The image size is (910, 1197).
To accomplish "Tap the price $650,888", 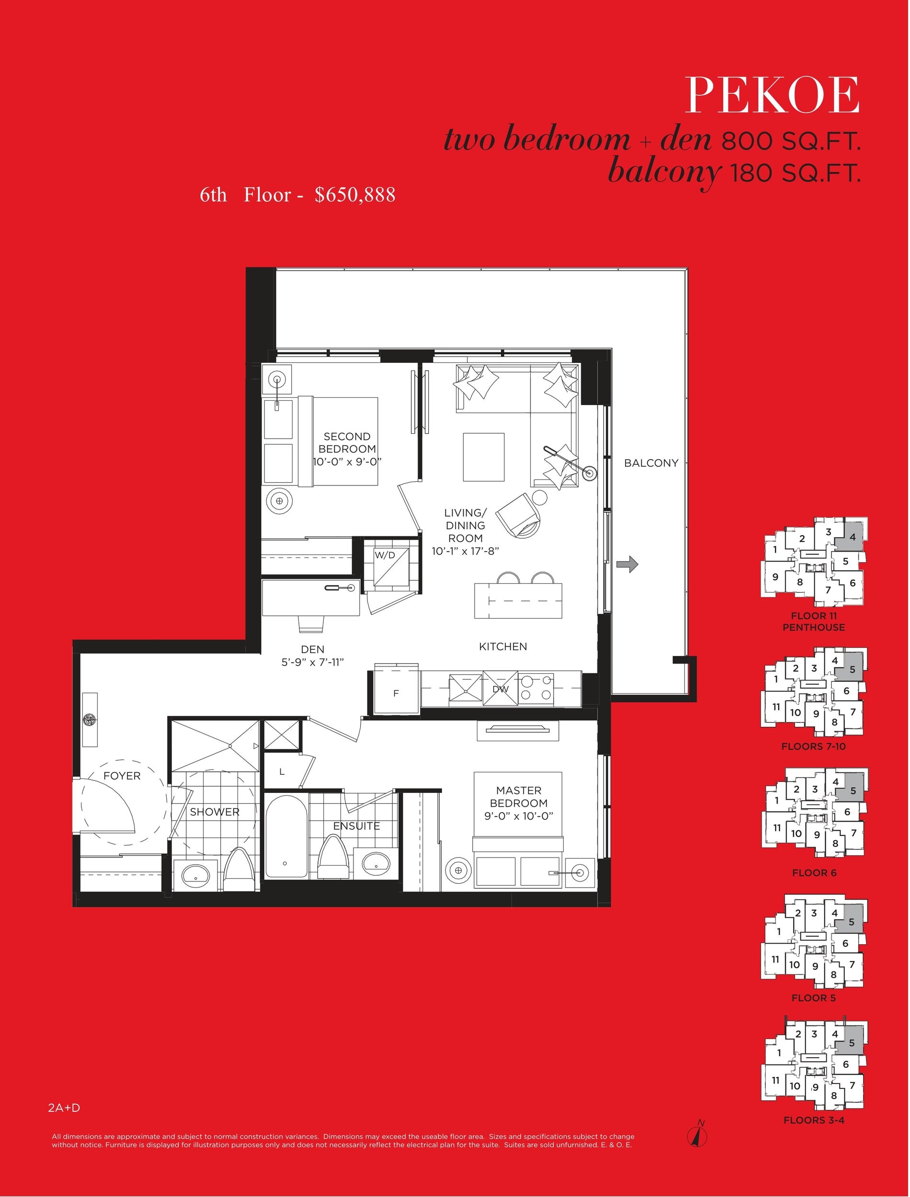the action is [x=355, y=195].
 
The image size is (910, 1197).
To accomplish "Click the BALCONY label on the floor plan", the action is [x=651, y=463].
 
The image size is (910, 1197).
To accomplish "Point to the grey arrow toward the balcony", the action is [x=627, y=564].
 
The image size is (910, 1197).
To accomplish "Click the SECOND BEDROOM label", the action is [x=347, y=449].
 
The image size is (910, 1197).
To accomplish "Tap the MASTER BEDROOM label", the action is [x=518, y=803].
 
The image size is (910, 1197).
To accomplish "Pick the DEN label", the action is [x=313, y=649].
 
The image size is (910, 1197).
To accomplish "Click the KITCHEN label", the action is [x=503, y=646].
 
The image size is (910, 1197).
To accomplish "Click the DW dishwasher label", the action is [x=500, y=689].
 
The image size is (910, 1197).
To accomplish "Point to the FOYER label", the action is [x=122, y=776].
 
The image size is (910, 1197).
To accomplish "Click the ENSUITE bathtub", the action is [x=285, y=836].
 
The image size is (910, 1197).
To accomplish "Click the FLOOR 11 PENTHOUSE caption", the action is [x=814, y=621].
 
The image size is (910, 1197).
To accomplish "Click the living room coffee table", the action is [x=484, y=457].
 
